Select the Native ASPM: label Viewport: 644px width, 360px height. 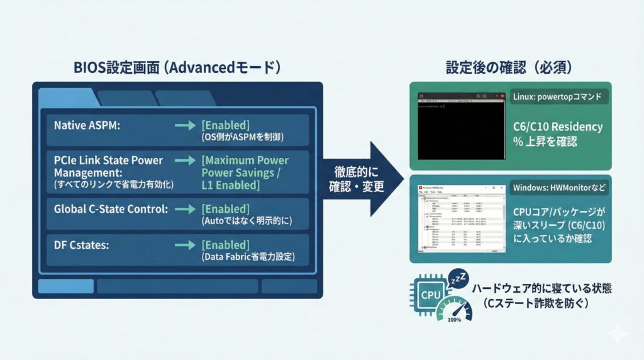[87, 125]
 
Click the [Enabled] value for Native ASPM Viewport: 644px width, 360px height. [225, 125]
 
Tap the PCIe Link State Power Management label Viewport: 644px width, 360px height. [108, 166]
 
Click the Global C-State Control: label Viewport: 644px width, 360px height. [111, 209]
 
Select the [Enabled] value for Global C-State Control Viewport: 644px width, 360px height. [225, 209]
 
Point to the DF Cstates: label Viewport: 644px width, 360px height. [82, 245]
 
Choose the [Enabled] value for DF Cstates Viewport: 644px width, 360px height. [225, 245]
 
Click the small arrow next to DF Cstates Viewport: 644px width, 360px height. [185, 245]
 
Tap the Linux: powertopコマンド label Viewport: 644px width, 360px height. [559, 97]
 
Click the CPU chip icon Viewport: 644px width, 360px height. [431, 294]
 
